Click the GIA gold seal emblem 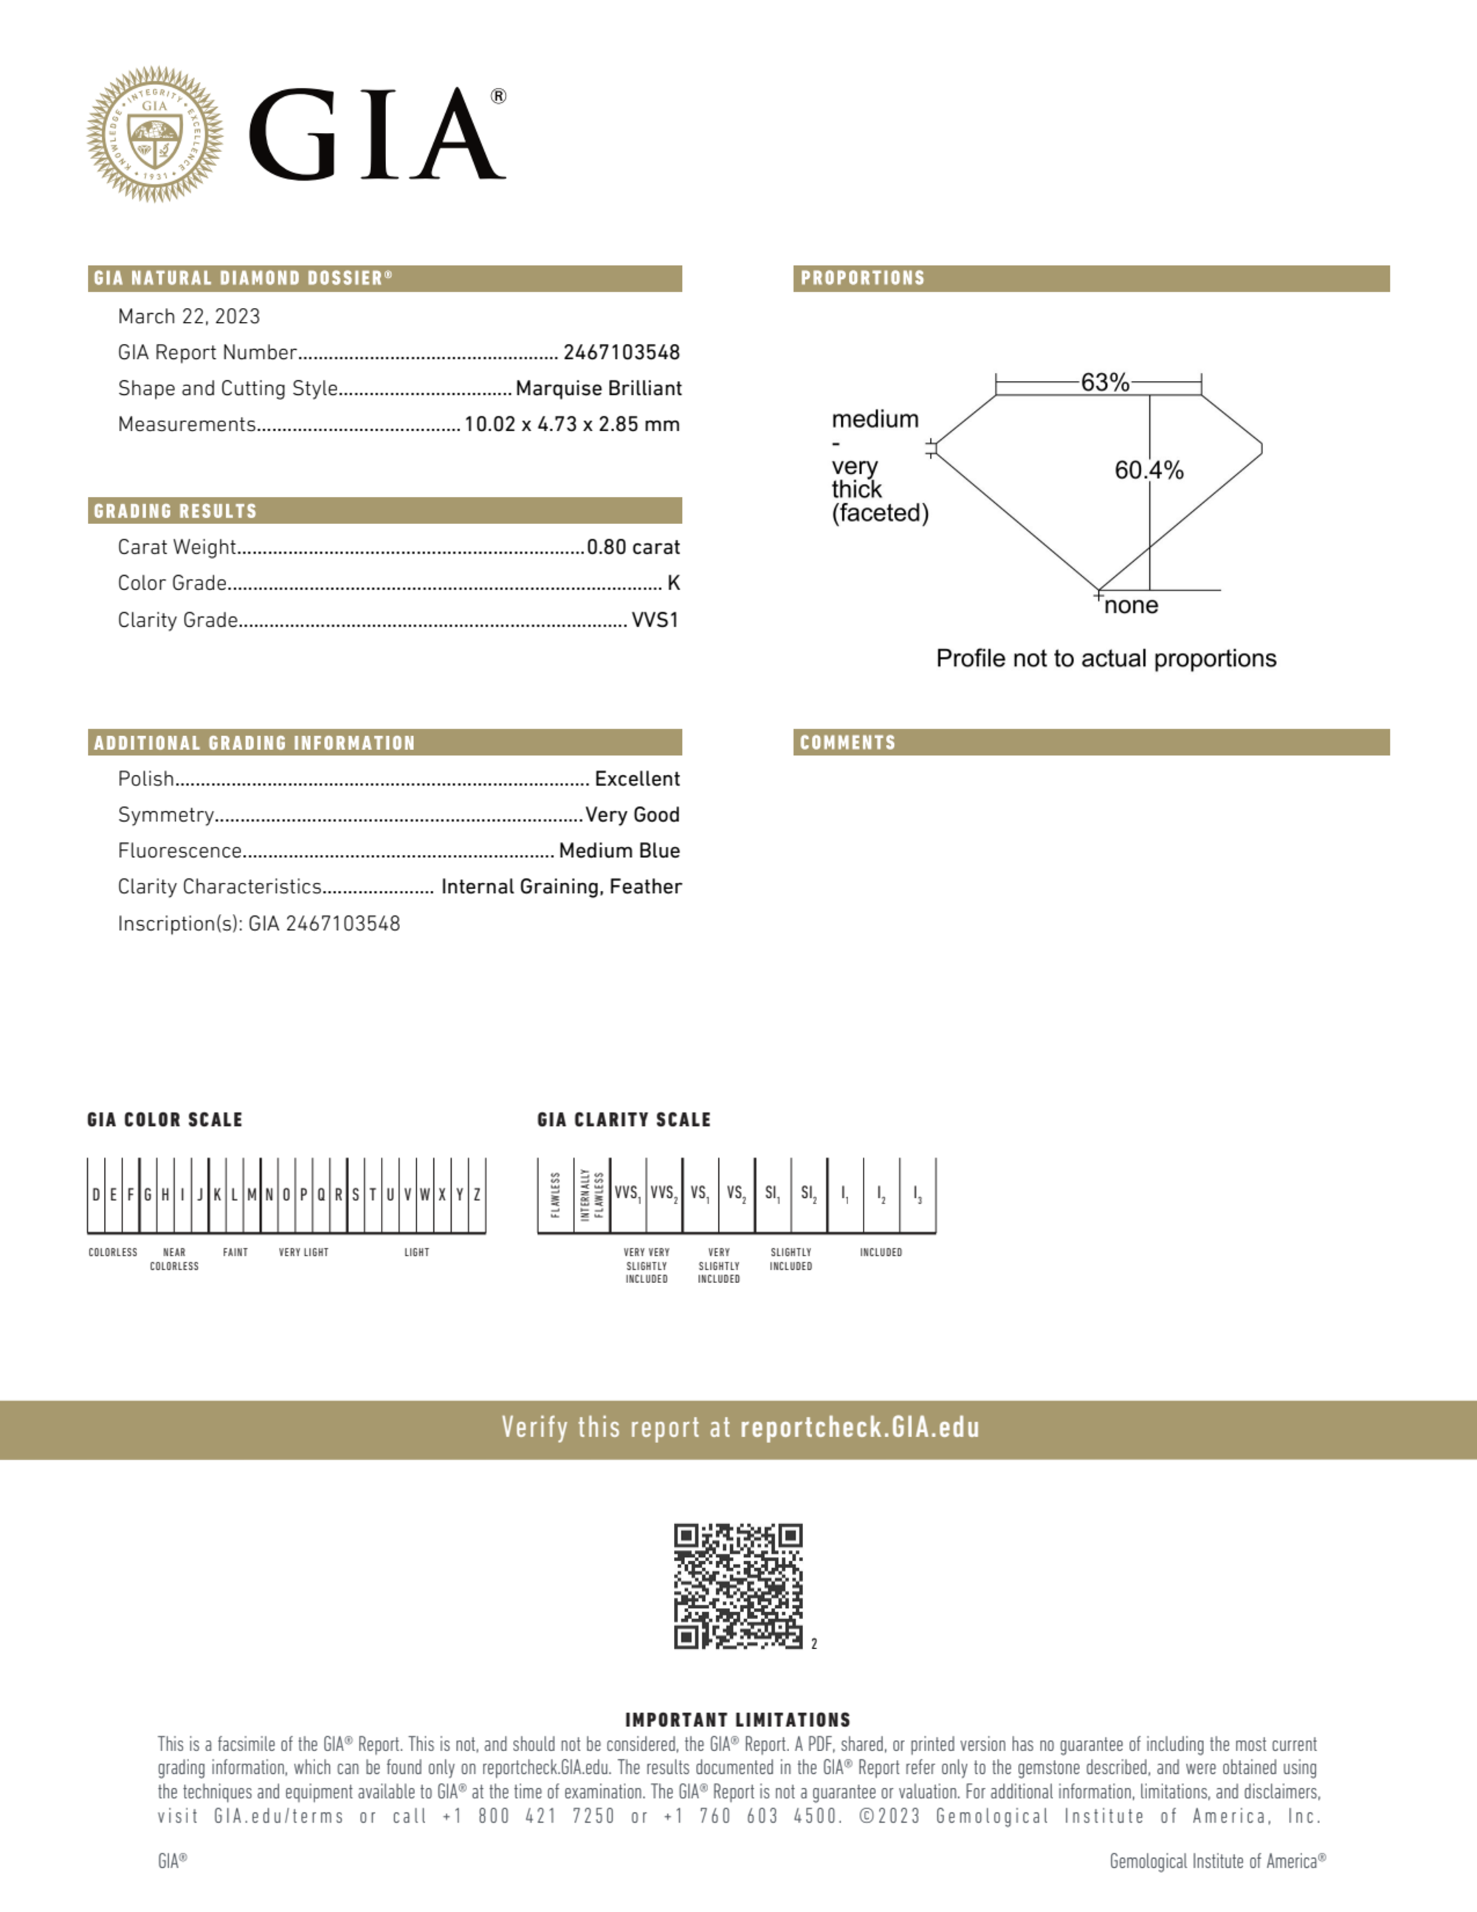pos(155,134)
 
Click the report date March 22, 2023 pos(189,316)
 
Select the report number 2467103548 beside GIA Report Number pos(622,352)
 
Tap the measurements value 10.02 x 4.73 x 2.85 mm pos(572,424)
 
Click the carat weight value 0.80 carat pos(633,547)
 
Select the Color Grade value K pos(673,583)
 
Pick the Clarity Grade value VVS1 pos(655,620)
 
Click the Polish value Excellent pos(636,779)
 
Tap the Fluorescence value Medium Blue pos(619,851)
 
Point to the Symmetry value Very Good pos(632,815)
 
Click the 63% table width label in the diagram pos(1105,382)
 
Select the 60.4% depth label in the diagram pos(1149,470)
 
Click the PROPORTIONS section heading pos(862,278)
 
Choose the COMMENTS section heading pos(847,743)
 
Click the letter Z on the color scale pos(477,1194)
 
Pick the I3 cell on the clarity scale pos(917,1194)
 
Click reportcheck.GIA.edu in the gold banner pos(859,1428)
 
